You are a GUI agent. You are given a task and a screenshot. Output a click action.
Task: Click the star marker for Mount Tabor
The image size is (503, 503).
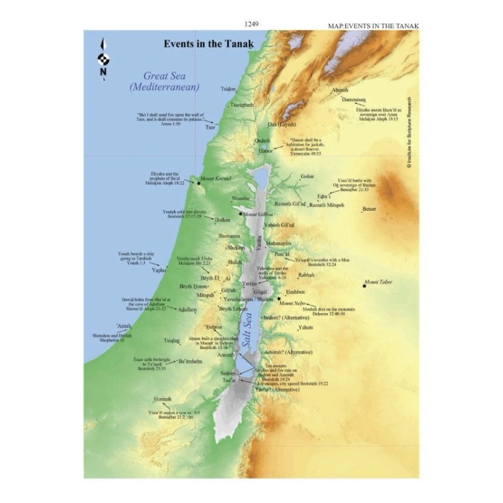(x=364, y=287)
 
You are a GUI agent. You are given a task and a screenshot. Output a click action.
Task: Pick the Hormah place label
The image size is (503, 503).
(x=161, y=400)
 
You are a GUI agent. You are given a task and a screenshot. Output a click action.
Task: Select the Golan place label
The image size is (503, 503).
(x=307, y=177)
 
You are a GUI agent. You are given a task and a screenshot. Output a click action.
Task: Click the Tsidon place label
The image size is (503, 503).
(x=228, y=89)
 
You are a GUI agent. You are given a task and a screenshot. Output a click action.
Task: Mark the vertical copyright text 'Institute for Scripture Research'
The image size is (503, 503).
(x=408, y=132)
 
